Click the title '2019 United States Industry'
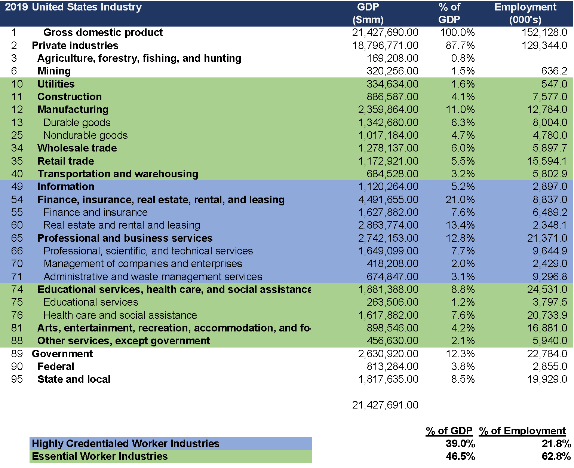click(x=73, y=7)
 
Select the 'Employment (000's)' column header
click(x=525, y=13)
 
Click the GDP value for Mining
click(x=392, y=71)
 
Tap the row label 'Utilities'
click(x=56, y=84)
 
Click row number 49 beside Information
click(x=17, y=187)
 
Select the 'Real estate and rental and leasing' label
click(x=122, y=225)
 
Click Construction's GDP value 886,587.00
click(x=392, y=97)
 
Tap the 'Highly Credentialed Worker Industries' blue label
click(x=126, y=444)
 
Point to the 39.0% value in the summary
click(x=460, y=444)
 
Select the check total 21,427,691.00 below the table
click(x=385, y=405)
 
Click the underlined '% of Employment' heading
click(x=523, y=431)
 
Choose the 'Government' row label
click(x=62, y=354)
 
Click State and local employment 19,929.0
click(x=547, y=379)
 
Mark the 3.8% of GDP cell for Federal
click(x=463, y=367)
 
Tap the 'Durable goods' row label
click(x=77, y=123)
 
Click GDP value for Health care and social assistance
click(x=388, y=315)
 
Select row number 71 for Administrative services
click(x=17, y=277)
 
